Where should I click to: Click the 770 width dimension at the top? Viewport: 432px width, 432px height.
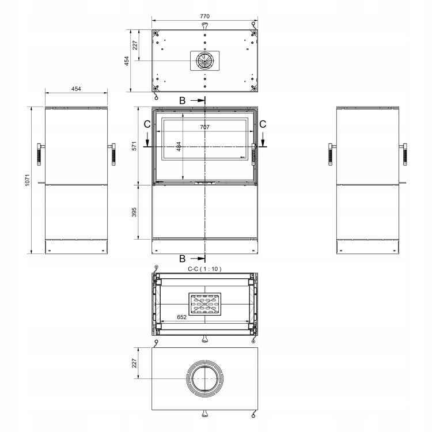[204, 16]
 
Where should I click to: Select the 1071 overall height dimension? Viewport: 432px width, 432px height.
[27, 180]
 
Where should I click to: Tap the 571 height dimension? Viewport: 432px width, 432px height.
[134, 146]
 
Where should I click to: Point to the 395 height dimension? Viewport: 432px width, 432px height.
[134, 212]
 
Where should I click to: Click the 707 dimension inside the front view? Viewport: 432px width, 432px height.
[204, 127]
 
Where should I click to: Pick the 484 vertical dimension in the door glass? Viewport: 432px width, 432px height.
[179, 146]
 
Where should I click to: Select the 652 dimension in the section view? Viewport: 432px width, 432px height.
[182, 317]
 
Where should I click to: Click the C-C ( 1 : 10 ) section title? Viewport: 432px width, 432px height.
[204, 269]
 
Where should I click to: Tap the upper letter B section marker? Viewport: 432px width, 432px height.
[183, 101]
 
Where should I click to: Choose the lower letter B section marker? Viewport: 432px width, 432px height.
[183, 259]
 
